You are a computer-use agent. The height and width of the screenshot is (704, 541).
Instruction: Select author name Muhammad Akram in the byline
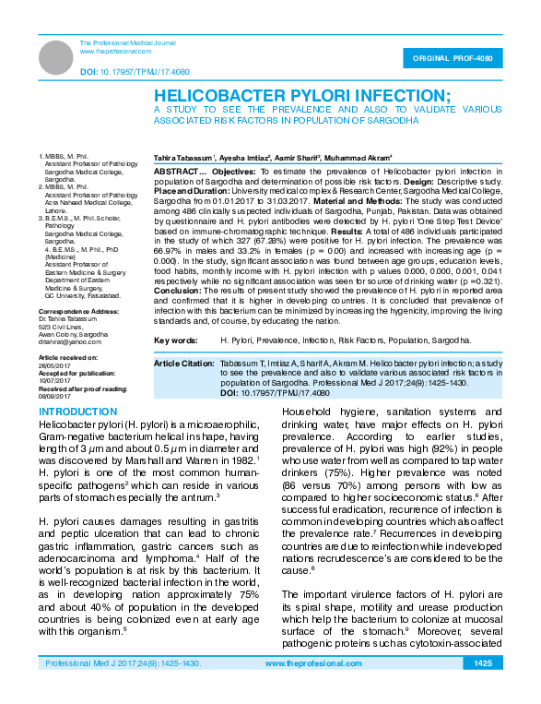[360, 159]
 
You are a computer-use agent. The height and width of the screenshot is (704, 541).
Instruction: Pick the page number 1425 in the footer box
[482, 689]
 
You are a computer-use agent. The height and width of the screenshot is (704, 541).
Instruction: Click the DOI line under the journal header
[135, 71]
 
